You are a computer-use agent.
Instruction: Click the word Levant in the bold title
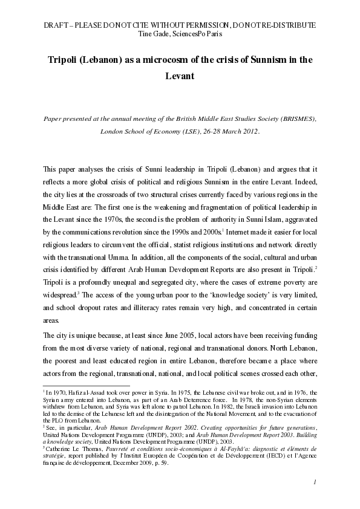180,77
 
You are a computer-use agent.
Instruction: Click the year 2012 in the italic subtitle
249,131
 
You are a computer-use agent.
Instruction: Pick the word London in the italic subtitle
113,131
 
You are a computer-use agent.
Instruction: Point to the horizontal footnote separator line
86,385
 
